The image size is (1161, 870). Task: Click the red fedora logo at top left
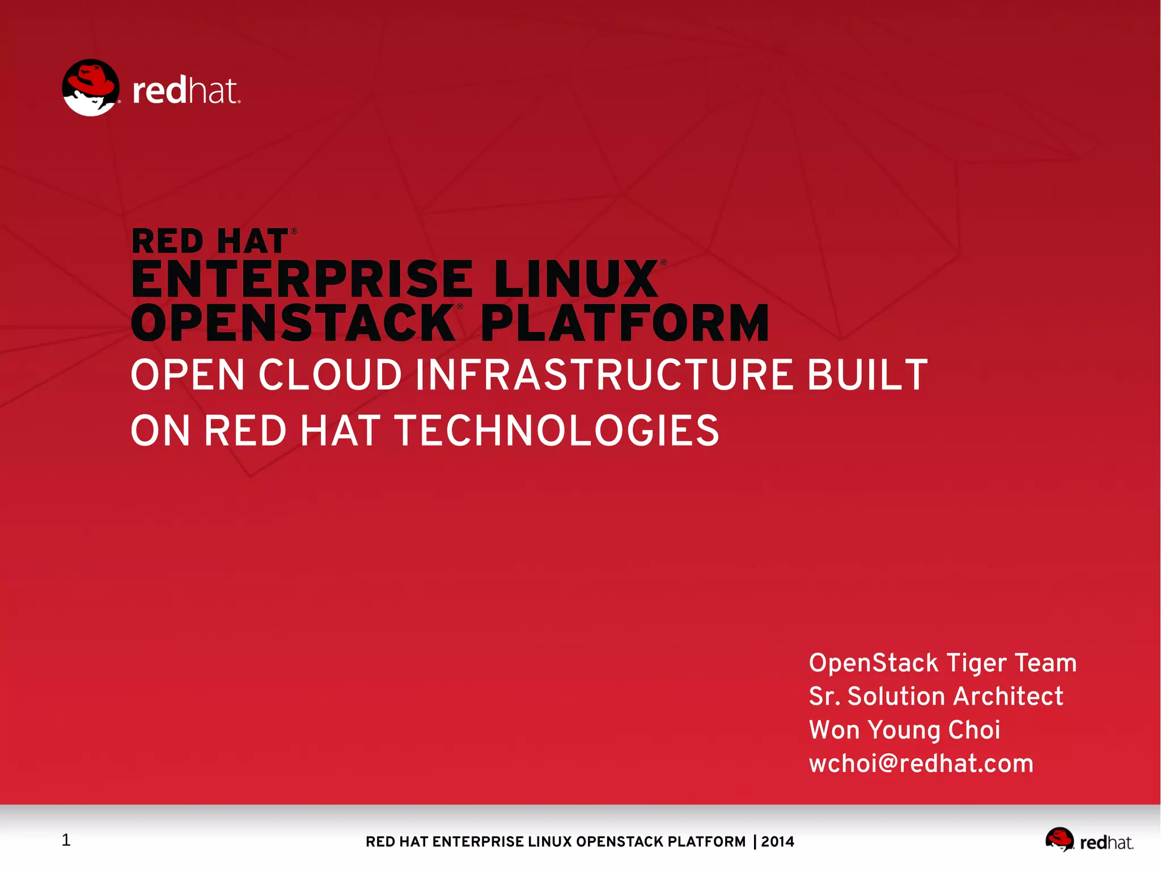pos(91,88)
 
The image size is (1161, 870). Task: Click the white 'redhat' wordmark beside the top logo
pos(186,91)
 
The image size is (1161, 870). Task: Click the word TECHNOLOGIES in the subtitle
pos(557,431)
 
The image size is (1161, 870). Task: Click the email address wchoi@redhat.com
pos(921,763)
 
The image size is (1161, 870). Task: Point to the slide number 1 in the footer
pos(66,840)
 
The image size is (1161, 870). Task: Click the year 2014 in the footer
pos(778,842)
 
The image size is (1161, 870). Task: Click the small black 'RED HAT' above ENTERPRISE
pos(210,241)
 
